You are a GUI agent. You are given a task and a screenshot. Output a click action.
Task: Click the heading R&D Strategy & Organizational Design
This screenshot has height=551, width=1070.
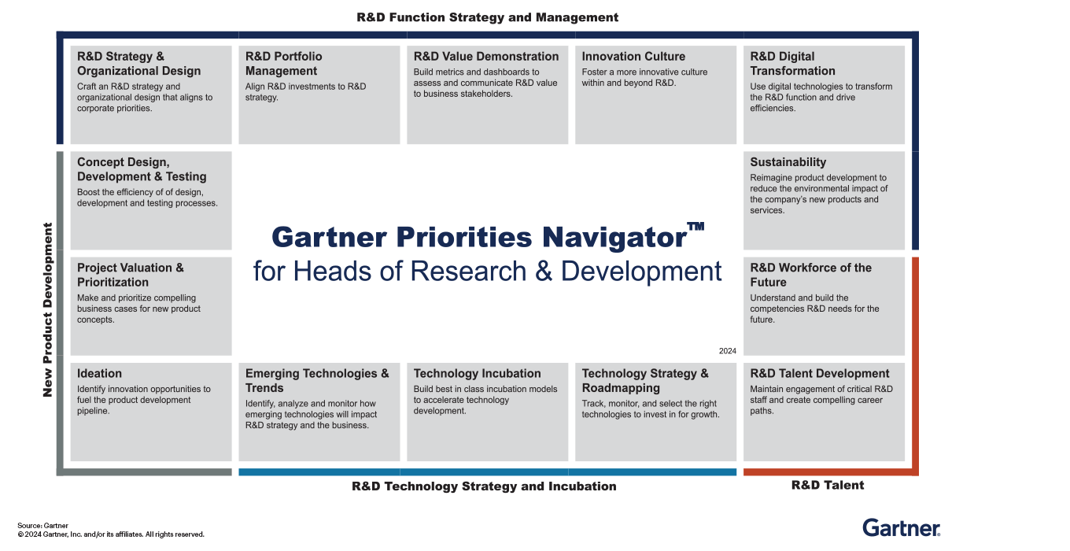138,64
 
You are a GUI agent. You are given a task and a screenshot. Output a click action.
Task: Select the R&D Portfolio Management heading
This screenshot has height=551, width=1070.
283,64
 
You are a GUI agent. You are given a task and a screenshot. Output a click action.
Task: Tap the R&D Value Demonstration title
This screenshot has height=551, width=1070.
485,57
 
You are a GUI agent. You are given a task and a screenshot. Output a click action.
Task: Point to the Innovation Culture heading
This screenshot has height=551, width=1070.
633,57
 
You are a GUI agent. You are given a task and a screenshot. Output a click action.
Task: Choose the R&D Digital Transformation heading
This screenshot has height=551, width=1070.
792,64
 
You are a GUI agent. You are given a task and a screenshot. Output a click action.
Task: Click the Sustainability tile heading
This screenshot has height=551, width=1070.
788,162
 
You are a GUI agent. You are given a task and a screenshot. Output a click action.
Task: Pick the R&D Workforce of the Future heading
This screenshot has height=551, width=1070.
810,275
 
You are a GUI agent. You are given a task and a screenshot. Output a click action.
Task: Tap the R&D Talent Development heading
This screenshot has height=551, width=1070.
819,374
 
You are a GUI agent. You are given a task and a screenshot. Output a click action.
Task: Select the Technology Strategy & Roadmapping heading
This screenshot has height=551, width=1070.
644,381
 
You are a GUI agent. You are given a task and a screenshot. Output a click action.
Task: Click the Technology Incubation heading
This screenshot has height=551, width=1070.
477,374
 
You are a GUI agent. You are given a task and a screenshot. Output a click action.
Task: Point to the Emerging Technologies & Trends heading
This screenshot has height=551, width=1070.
316,381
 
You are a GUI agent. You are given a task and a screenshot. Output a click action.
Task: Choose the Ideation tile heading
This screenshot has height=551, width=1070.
99,374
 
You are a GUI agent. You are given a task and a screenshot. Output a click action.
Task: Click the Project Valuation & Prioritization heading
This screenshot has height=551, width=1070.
130,275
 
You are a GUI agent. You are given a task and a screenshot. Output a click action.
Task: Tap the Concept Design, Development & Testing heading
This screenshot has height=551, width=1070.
142,169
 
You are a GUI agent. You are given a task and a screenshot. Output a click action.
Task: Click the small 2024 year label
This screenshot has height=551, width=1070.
727,351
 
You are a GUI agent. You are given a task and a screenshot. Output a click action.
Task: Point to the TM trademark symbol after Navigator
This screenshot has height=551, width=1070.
695,227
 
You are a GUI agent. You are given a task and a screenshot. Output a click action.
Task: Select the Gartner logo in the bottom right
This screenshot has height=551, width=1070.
901,527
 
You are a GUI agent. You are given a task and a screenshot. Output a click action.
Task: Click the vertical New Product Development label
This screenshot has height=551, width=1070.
47,309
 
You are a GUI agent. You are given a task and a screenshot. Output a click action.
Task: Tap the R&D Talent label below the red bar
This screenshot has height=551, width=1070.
827,486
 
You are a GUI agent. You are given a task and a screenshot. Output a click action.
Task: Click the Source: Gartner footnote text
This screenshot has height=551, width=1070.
42,525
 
